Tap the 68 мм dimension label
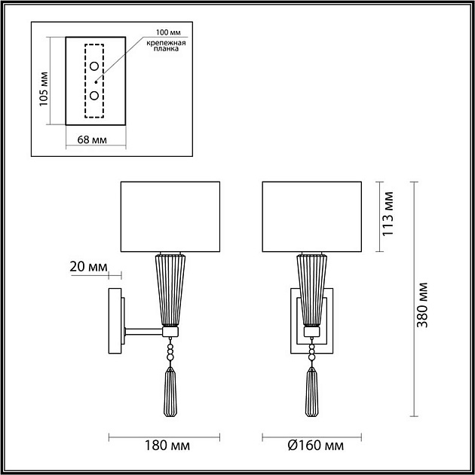[x=93, y=140]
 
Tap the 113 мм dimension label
[x=388, y=216]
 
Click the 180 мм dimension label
[x=164, y=444]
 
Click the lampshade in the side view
[x=170, y=216]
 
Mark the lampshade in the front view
[x=311, y=216]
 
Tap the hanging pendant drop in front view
[x=311, y=394]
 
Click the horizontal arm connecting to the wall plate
[x=144, y=330]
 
